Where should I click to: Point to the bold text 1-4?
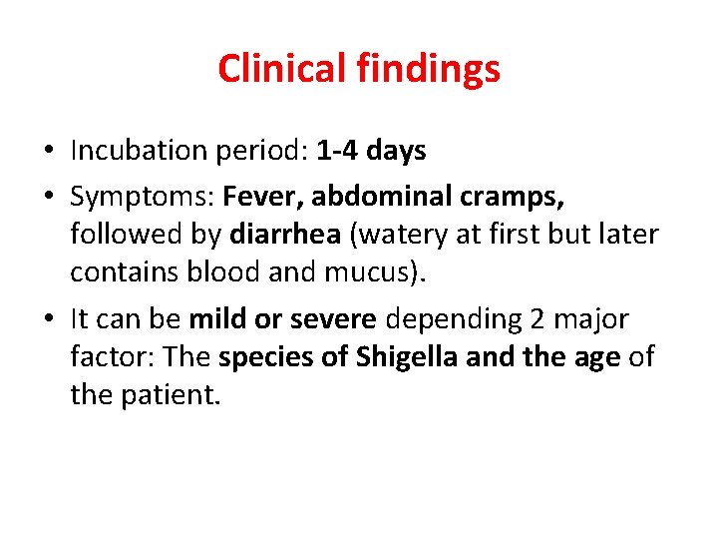point(337,151)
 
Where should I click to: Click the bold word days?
point(396,151)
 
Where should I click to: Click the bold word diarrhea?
point(284,235)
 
